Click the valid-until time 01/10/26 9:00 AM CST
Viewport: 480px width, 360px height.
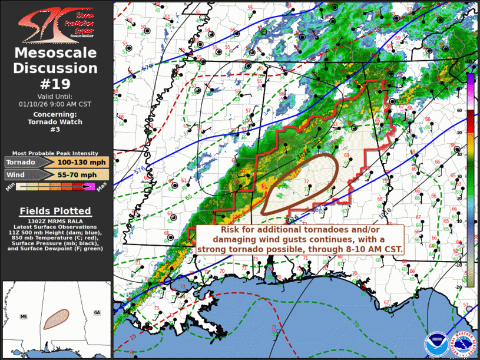point(55,104)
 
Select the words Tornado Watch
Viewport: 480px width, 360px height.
point(55,122)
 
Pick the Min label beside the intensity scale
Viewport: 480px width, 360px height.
point(10,188)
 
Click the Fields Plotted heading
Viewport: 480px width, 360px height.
point(55,210)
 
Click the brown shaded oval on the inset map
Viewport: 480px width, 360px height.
point(57,318)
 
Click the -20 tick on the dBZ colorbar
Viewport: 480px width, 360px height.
point(459,285)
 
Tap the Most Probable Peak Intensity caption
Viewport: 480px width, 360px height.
point(55,152)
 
